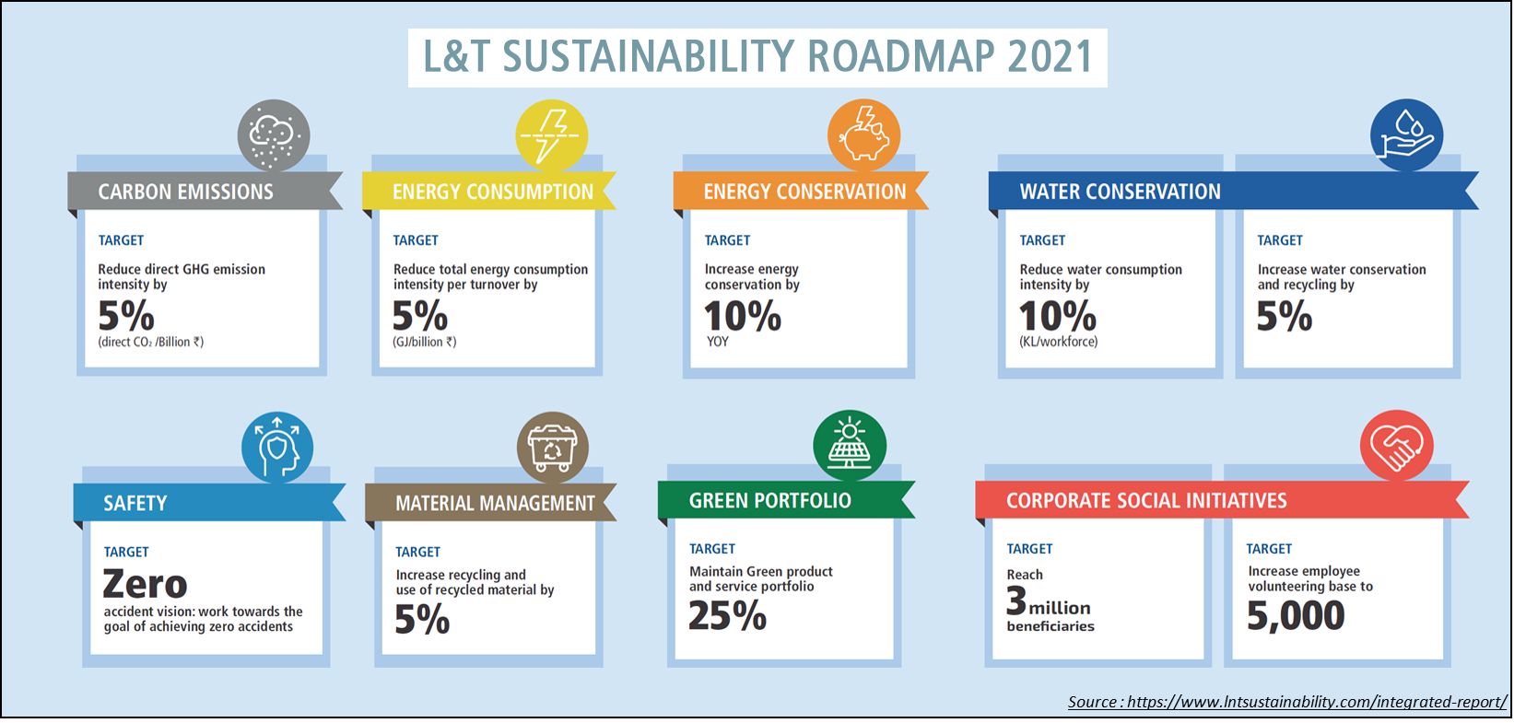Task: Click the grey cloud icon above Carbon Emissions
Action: pos(274,135)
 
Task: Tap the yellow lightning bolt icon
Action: pos(551,135)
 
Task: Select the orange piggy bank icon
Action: pos(863,135)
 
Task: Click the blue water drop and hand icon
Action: pos(1406,135)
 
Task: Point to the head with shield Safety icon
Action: pos(277,448)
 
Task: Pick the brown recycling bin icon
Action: pos(552,448)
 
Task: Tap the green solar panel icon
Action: pos(850,446)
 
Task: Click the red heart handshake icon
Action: pos(1396,446)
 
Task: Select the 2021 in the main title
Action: pos(1050,57)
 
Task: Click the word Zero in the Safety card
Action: pos(146,584)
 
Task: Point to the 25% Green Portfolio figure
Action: pos(727,615)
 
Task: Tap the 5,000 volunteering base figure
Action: pos(1296,615)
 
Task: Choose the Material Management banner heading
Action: pos(495,504)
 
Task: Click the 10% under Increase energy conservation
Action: pos(743,317)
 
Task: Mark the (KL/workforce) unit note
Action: pos(1058,342)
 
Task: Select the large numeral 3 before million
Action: pos(1016,601)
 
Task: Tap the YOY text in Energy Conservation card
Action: pos(718,342)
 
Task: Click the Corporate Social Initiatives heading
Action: pos(1146,501)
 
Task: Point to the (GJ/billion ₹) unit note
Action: pos(425,342)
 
